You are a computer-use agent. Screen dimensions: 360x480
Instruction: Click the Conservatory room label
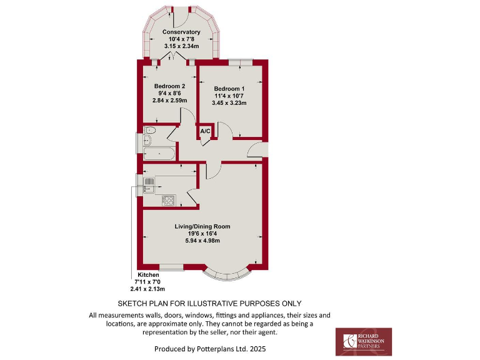coord(181,32)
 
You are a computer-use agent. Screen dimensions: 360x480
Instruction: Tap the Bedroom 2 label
coord(169,86)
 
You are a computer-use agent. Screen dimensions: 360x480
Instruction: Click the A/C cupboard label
coord(205,131)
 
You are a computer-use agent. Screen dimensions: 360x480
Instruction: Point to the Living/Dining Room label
coord(202,226)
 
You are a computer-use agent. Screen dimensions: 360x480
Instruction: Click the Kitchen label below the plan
coord(149,275)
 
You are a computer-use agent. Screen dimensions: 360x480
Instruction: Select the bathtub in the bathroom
coord(159,152)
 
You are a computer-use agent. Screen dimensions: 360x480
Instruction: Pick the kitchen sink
coord(150,183)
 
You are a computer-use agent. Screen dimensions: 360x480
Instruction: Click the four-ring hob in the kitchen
coord(168,200)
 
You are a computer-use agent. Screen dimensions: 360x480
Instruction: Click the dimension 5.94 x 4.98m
coord(202,240)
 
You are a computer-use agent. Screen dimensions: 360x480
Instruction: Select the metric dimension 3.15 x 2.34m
coord(181,46)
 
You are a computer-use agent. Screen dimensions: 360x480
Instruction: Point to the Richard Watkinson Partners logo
coord(364,341)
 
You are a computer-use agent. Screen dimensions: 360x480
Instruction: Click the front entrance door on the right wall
coord(256,150)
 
